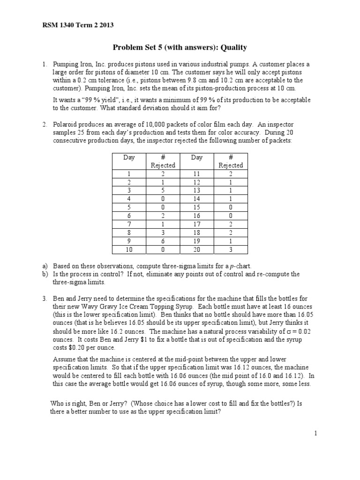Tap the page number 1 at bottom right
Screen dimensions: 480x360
point(316,434)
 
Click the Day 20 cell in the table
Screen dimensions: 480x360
point(196,249)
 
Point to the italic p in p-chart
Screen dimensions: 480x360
point(240,266)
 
